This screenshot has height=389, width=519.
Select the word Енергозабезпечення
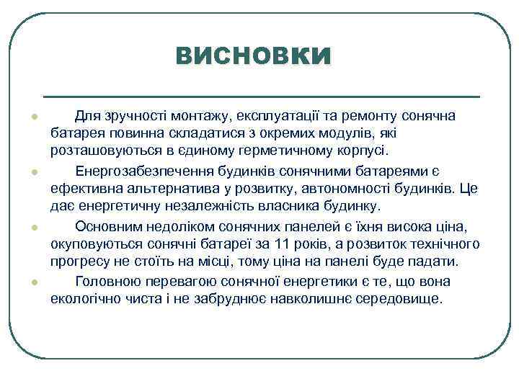click(x=138, y=171)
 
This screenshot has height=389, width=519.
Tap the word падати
click(x=437, y=261)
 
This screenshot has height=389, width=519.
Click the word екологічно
click(x=83, y=298)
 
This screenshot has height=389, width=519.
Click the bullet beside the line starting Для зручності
click(x=34, y=117)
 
